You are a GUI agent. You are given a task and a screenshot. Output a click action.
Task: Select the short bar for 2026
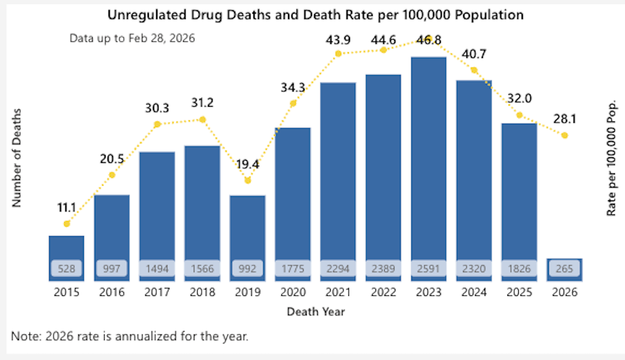[x=564, y=269]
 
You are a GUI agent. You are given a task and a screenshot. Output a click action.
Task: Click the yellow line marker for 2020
[x=293, y=103]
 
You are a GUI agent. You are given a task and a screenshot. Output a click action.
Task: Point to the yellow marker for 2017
[x=157, y=124]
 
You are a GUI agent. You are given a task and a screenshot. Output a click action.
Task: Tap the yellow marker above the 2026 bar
[x=564, y=135]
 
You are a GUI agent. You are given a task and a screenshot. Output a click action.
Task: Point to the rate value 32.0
[x=519, y=98]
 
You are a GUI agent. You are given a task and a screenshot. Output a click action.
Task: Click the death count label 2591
[x=429, y=269]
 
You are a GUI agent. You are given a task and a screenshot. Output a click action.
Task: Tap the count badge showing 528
[x=66, y=269]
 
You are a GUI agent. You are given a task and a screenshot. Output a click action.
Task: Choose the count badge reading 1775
[x=293, y=269]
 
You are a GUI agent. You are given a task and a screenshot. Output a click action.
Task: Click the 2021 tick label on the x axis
[x=338, y=292]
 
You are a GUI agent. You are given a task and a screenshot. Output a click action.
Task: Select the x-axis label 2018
[x=202, y=292]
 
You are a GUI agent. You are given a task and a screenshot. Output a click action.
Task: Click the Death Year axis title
[x=315, y=312]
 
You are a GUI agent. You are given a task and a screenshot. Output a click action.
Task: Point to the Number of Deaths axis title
[x=16, y=157]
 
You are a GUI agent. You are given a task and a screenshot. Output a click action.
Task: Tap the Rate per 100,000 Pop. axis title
[x=611, y=159]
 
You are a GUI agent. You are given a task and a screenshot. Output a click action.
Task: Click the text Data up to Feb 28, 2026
[x=132, y=39]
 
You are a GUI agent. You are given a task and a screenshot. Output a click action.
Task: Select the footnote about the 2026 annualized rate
[x=130, y=336]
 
